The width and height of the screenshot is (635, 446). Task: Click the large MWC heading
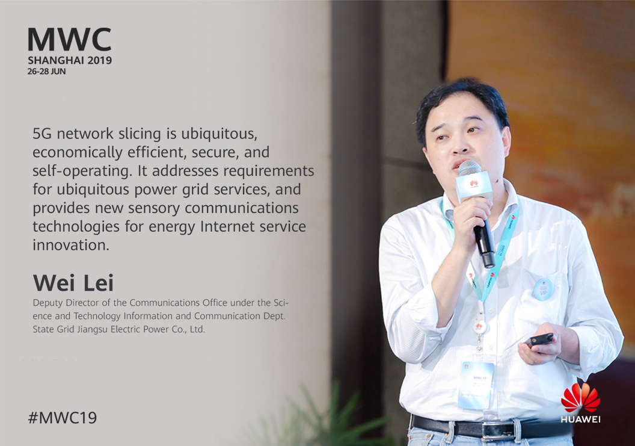click(69, 40)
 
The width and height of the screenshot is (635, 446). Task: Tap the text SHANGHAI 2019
click(70, 60)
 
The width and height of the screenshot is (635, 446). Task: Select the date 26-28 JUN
click(46, 72)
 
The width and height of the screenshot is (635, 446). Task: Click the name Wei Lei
click(73, 283)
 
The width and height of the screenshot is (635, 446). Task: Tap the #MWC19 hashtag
click(63, 418)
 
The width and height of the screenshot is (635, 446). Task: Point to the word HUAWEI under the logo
click(580, 420)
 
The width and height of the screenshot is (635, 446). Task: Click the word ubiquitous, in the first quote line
click(219, 134)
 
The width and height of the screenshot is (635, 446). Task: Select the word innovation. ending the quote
click(71, 245)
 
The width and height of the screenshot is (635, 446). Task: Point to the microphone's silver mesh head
click(470, 167)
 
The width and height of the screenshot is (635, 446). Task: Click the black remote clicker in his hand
click(539, 340)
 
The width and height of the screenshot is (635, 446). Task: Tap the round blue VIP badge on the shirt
click(543, 289)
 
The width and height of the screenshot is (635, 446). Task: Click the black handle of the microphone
click(485, 243)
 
